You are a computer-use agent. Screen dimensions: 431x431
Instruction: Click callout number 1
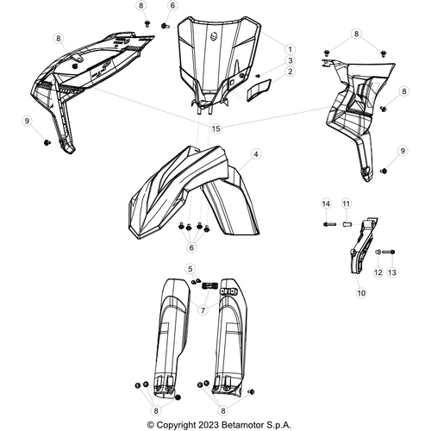point(290,49)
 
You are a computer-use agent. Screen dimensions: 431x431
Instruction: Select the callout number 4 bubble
point(256,154)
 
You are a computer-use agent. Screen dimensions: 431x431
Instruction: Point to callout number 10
point(360,293)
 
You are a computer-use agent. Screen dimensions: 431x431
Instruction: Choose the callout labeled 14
point(326,203)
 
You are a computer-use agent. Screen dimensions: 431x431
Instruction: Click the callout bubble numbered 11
point(345,203)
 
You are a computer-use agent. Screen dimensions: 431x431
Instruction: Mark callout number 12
point(377,272)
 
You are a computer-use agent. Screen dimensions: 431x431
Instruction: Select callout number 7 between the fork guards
point(203,309)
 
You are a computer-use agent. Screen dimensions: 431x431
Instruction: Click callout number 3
point(290,60)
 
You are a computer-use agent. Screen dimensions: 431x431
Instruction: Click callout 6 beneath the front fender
point(192,247)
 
